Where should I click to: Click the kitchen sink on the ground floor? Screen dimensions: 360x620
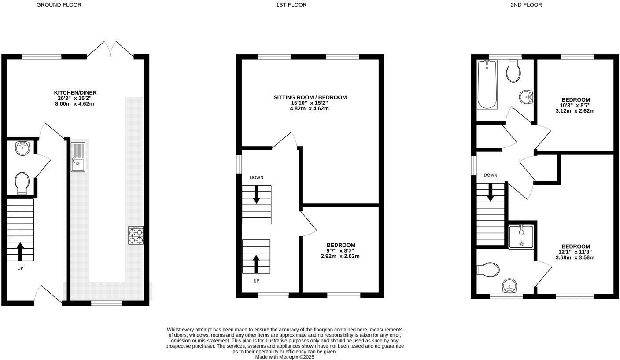click(x=78, y=157)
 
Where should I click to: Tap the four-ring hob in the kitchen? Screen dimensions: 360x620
click(x=136, y=235)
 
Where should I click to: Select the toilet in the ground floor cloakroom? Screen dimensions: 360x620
click(x=22, y=182)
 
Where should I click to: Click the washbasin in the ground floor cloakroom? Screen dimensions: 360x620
click(x=22, y=148)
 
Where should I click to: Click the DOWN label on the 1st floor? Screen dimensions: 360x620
click(x=256, y=178)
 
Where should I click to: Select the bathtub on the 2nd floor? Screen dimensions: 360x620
click(x=487, y=84)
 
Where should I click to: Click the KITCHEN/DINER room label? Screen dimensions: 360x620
click(x=75, y=93)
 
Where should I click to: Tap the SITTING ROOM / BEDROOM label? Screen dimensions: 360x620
click(x=310, y=97)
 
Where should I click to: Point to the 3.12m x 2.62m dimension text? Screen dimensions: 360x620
click(x=575, y=111)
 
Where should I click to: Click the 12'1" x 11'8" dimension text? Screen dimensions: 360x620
click(x=576, y=252)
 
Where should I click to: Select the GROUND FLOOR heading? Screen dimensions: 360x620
click(x=59, y=5)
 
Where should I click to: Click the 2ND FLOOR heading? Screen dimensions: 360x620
click(x=526, y=5)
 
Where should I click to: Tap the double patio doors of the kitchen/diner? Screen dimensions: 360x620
click(x=110, y=49)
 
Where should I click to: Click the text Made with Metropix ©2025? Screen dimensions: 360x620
click(x=285, y=357)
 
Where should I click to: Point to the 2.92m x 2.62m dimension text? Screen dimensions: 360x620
click(x=340, y=256)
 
